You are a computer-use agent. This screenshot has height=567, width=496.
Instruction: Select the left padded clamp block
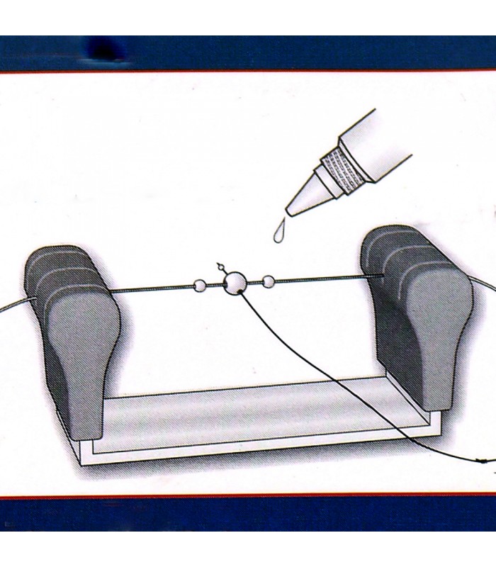(x=74, y=333)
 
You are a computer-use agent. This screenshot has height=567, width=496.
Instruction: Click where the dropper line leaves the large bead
(x=242, y=293)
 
